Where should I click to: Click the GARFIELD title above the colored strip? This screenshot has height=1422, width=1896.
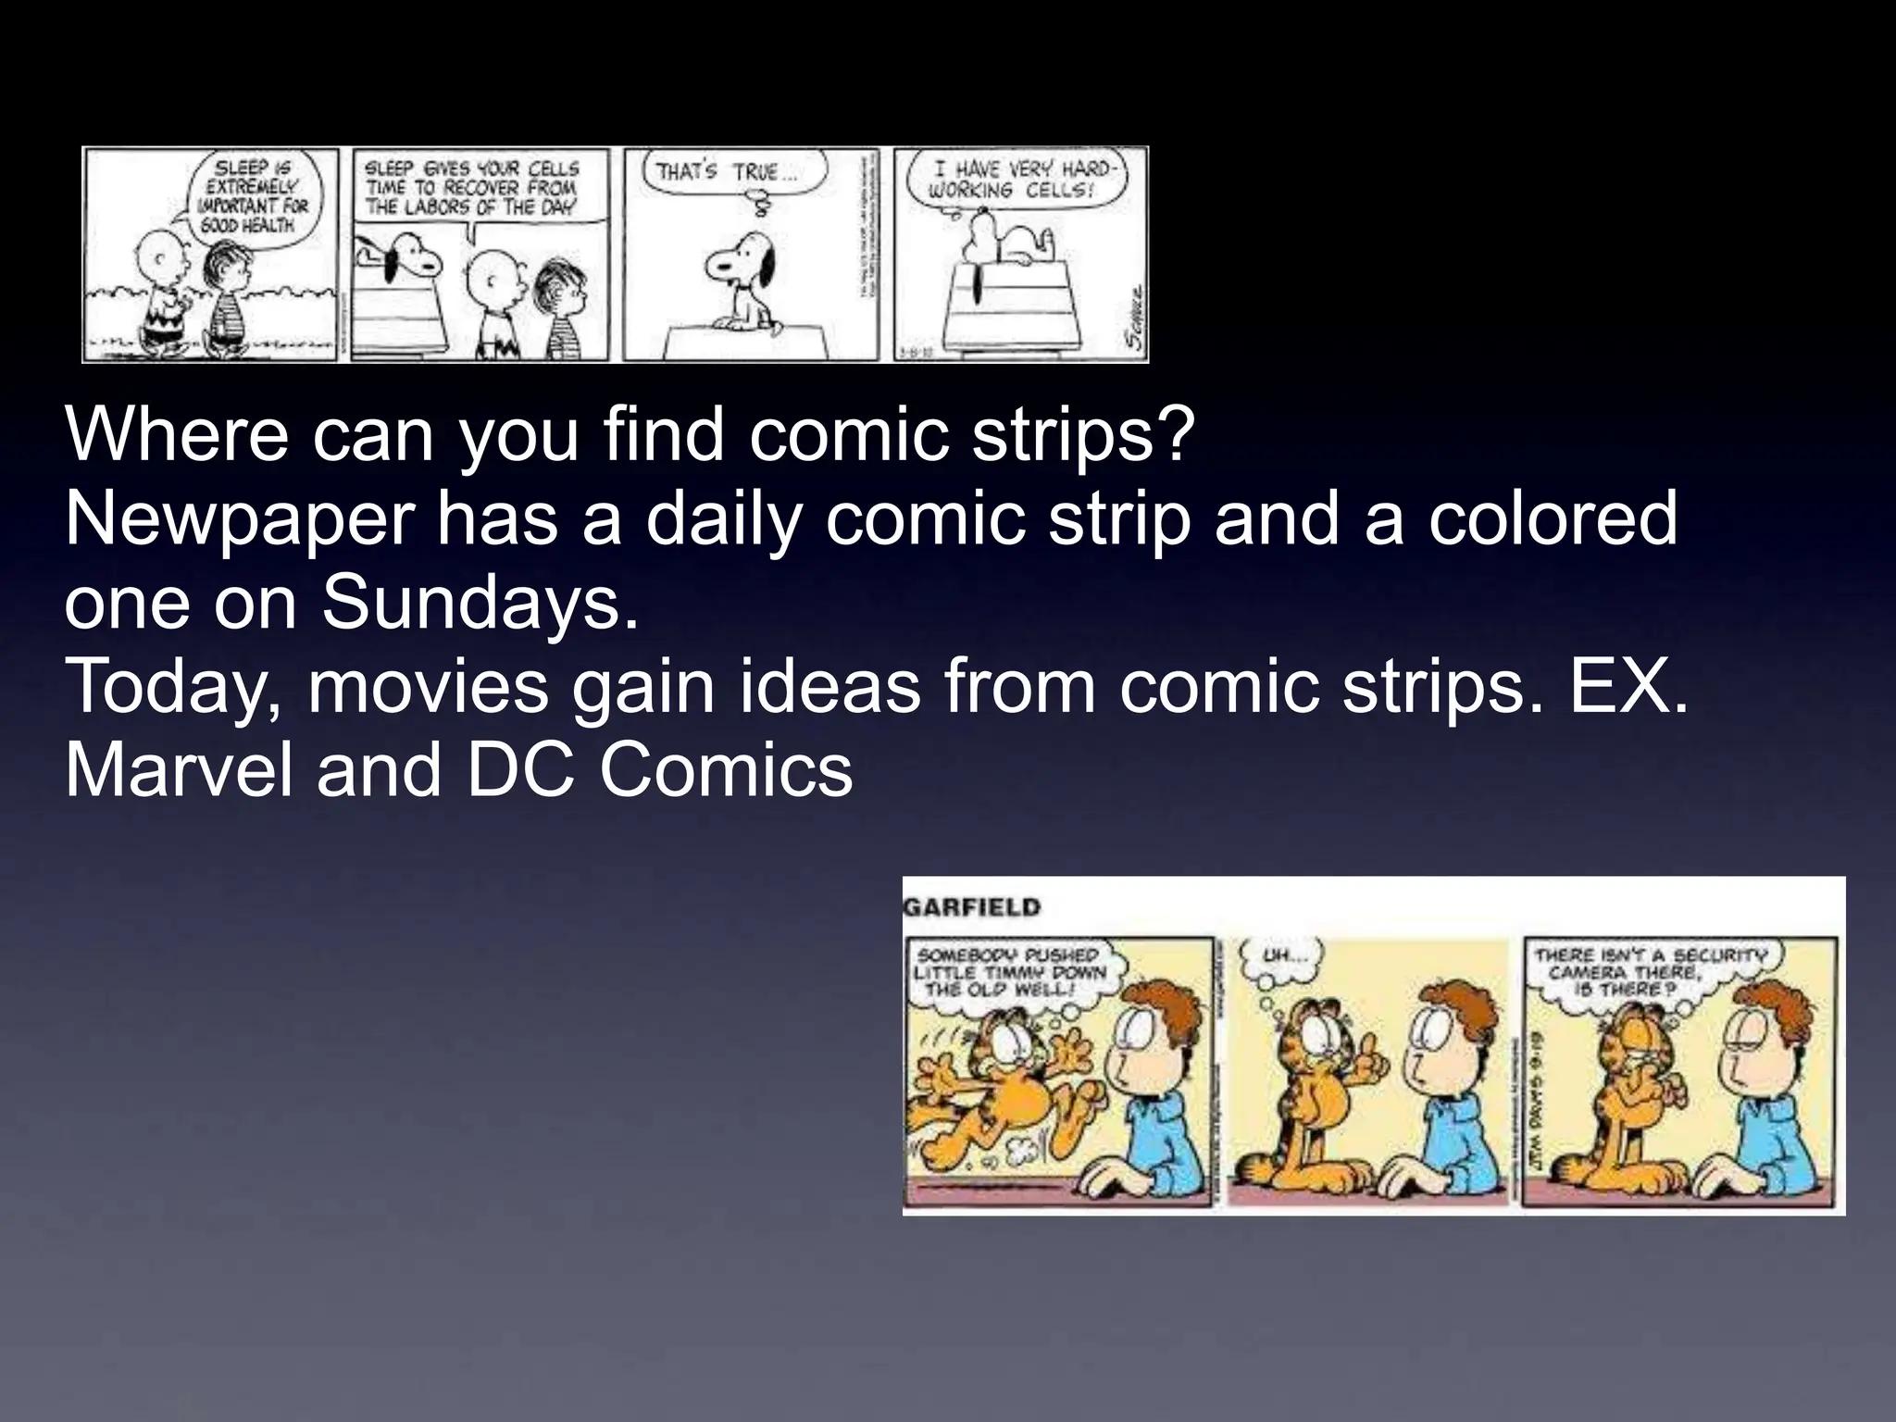tap(972, 907)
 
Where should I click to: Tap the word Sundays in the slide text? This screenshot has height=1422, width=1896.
tap(480, 603)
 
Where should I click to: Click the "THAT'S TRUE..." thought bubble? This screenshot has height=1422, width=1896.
tap(724, 173)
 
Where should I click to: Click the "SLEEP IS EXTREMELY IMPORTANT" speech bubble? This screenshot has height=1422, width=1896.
tap(254, 195)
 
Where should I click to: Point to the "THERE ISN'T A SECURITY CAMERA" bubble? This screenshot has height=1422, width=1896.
tap(1651, 970)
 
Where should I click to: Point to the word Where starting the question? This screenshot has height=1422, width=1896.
tap(176, 434)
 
